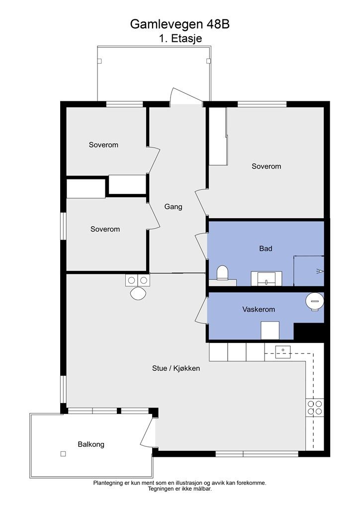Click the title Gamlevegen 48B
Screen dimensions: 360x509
coord(180,24)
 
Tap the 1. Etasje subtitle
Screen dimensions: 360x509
coord(180,38)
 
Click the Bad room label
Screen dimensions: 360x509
coord(266,249)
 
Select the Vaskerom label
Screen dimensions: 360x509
coord(259,309)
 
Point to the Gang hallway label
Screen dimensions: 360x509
coord(174,207)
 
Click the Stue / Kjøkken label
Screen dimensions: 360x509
coord(176,368)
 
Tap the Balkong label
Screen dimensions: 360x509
coord(91,444)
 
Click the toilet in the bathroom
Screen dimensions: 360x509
coord(222,273)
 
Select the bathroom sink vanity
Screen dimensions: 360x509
coord(267,278)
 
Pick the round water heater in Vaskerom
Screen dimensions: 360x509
coord(315,302)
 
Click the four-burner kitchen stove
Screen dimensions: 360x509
coord(315,408)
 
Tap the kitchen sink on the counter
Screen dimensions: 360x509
coord(283,352)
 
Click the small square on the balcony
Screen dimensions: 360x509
coord(63,454)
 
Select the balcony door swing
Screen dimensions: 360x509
coord(147,432)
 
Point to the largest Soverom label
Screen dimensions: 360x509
coord(266,167)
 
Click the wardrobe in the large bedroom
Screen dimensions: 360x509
coord(217,136)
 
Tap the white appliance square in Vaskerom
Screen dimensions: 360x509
coord(270,331)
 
